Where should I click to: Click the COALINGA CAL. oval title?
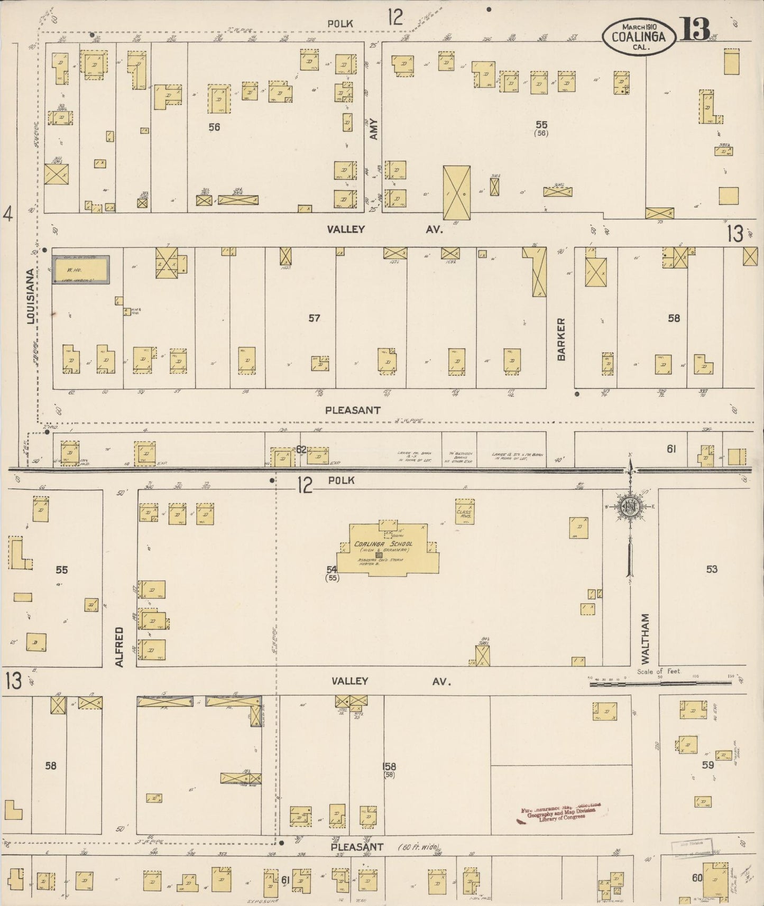[x=640, y=36]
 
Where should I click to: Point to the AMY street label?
[x=374, y=128]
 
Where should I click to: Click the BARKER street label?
[x=561, y=339]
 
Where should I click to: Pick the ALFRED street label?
[x=119, y=646]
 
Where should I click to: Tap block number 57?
[x=314, y=318]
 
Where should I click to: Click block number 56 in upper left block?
[x=214, y=127]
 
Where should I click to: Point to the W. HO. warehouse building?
[x=81, y=270]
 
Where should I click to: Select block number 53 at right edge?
[x=711, y=569]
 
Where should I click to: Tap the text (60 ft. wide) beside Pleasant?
[x=419, y=847]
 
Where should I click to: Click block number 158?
[x=390, y=766]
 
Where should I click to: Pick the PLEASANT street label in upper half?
[x=353, y=410]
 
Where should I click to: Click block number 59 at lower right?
[x=707, y=765]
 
